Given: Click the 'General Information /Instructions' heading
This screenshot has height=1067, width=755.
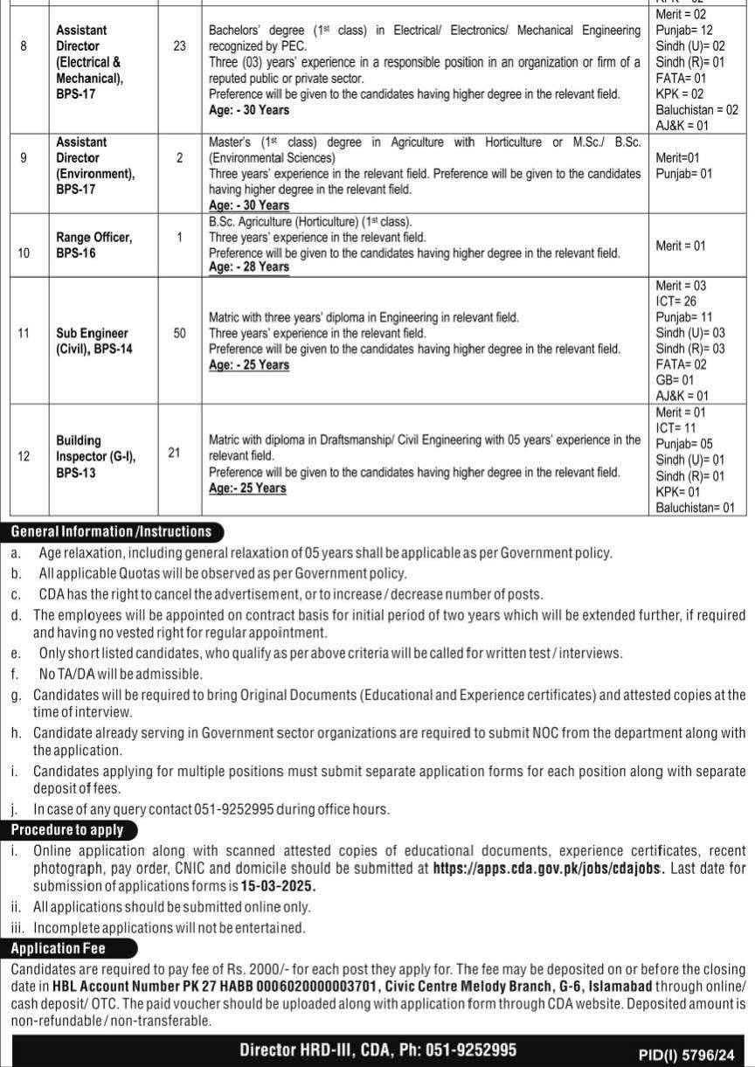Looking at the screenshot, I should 111,531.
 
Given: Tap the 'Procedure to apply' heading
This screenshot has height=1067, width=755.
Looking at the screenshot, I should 67,830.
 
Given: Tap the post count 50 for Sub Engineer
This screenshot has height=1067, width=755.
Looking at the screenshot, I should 180,333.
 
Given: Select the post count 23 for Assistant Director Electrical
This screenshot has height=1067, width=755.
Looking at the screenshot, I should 180,45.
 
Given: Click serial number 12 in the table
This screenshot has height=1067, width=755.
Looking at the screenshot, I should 24,456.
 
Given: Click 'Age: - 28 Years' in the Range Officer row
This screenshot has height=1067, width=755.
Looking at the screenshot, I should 249,267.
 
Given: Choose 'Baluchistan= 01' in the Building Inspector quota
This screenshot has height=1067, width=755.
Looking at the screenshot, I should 696,507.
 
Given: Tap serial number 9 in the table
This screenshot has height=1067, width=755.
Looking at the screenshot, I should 24,158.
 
